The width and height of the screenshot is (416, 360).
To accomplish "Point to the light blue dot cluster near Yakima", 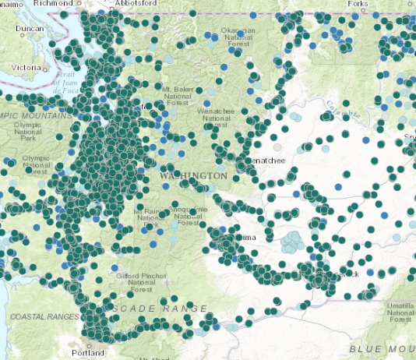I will click(x=292, y=242).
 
